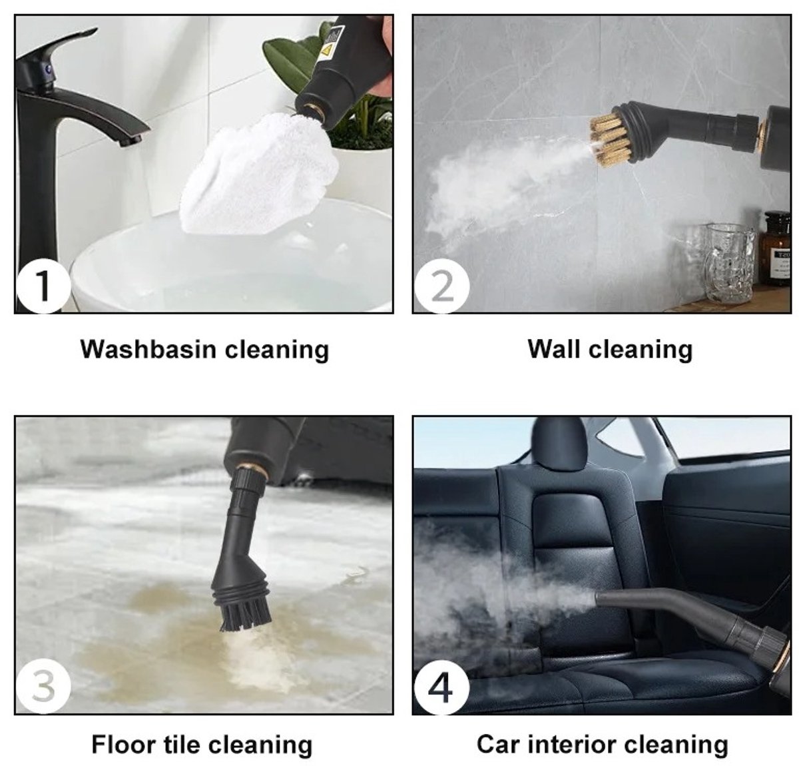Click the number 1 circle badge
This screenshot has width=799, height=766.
(x=43, y=285)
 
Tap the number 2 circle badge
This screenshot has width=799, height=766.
(x=442, y=286)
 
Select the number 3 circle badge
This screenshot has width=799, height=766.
(x=43, y=685)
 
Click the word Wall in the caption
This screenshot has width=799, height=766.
(x=554, y=350)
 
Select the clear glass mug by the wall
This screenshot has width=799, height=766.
(x=728, y=263)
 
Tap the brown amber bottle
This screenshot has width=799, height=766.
(x=775, y=249)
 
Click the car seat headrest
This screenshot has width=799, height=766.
(x=559, y=443)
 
